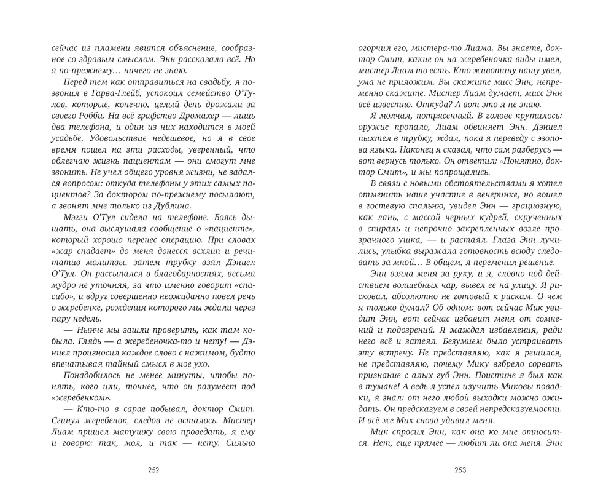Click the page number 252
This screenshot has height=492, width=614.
pos(153,471)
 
